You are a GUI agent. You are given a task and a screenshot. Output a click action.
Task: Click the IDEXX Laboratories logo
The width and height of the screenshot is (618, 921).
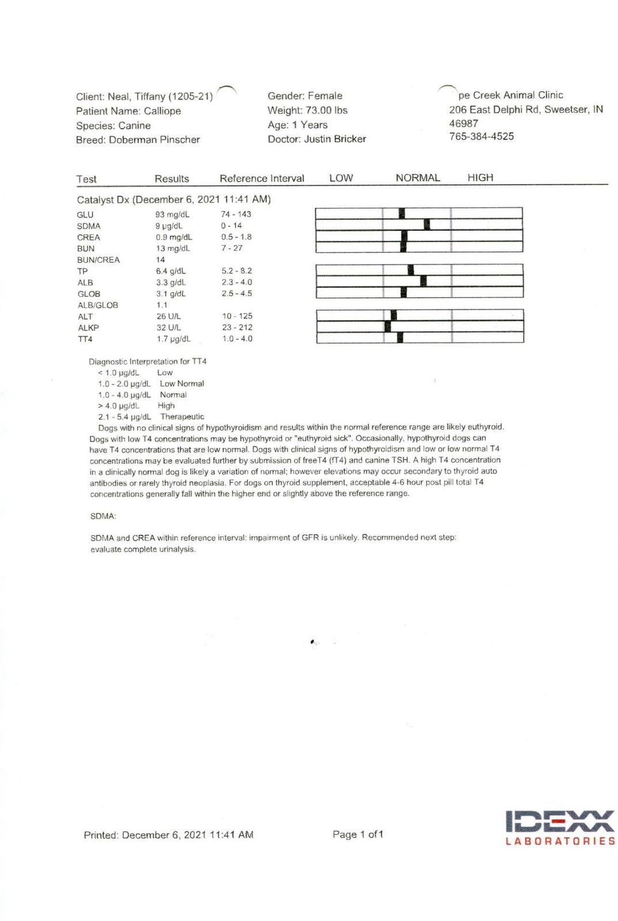(560, 828)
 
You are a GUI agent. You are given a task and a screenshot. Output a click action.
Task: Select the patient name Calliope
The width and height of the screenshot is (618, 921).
(162, 111)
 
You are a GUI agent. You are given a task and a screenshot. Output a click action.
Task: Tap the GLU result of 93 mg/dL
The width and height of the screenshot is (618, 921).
(172, 215)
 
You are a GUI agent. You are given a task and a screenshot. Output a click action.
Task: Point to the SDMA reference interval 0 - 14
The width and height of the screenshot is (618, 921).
(231, 226)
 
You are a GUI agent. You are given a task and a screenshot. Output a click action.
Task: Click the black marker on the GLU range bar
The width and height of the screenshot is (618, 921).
(402, 214)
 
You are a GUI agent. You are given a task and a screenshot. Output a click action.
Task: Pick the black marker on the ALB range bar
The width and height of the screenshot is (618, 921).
(424, 281)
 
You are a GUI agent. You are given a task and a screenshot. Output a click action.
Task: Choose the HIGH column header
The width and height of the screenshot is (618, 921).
(480, 178)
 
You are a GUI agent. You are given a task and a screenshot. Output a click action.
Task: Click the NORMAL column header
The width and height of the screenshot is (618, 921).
(418, 178)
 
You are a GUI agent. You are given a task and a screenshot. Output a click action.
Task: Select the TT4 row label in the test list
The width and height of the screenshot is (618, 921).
(85, 339)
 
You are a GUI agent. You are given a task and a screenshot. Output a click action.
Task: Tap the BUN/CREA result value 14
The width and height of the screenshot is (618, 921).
(161, 260)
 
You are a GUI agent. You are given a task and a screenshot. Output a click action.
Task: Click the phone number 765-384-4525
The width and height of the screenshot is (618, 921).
(482, 136)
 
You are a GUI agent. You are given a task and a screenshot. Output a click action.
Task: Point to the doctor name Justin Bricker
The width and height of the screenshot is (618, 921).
(335, 139)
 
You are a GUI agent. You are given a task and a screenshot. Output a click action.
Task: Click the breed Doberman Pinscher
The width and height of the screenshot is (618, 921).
(154, 140)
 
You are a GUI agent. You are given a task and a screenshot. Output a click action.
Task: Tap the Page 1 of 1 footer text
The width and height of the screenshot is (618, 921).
(357, 835)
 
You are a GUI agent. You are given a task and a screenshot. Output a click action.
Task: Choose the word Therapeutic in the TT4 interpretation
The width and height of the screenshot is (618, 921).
(182, 417)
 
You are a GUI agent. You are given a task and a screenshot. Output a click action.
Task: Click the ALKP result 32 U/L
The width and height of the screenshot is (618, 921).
(169, 328)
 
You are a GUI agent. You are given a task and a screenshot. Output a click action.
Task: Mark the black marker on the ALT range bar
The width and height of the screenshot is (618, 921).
(394, 315)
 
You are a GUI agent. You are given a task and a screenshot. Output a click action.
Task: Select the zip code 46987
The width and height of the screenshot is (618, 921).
(463, 123)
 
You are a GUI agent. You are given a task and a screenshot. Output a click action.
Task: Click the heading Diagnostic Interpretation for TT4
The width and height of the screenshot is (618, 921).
(147, 361)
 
